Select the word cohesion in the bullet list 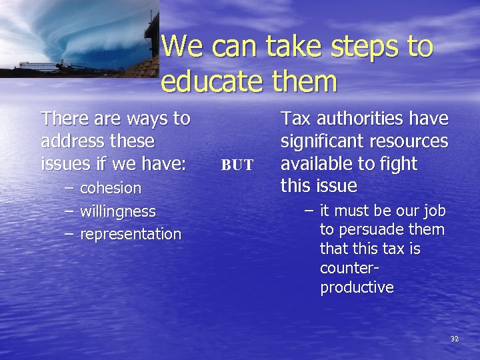pyautogui.click(x=111, y=189)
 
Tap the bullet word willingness pyautogui.click(x=118, y=212)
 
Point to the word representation pyautogui.click(x=131, y=235)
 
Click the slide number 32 pyautogui.click(x=455, y=339)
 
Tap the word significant pyautogui.click(x=319, y=141)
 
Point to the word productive pyautogui.click(x=357, y=288)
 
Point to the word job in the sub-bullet pyautogui.click(x=433, y=211)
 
